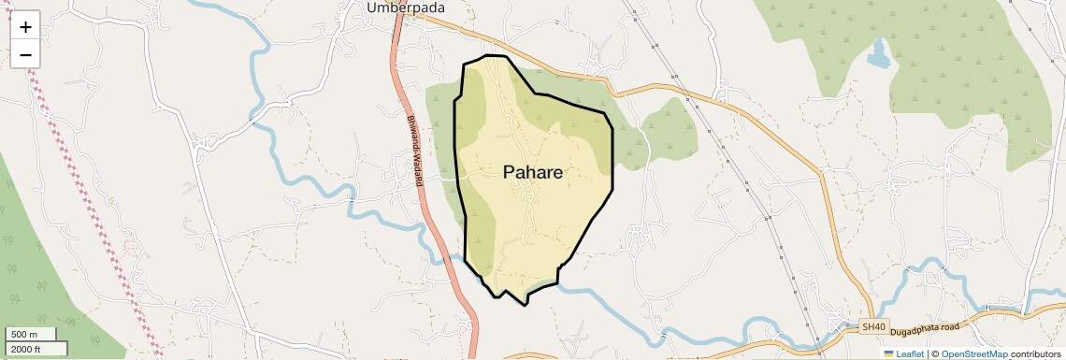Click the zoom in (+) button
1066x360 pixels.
(25, 27)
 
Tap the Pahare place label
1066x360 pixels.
(533, 172)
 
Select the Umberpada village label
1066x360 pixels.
(405, 8)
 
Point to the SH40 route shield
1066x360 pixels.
(872, 327)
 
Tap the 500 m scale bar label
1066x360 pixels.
(23, 335)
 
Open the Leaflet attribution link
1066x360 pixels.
(910, 353)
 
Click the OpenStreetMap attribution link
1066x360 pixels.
(973, 353)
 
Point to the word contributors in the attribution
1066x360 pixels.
(1035, 353)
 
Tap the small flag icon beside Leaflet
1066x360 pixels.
(889, 353)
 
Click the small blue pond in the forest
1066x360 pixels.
(879, 56)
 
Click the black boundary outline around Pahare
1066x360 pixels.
(612, 159)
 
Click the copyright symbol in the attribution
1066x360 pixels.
(935, 353)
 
